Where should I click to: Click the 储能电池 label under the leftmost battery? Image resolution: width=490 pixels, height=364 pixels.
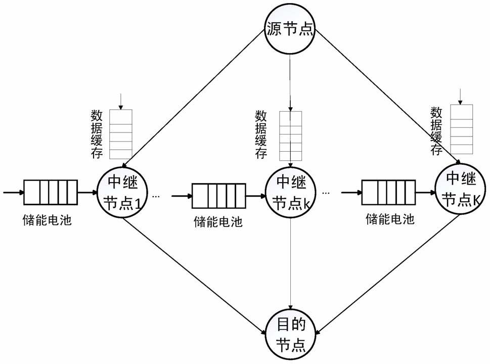point(47,220)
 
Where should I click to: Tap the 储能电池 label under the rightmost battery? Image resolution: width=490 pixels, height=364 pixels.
point(388,219)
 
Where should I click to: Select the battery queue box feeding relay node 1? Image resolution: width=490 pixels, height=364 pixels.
point(51,193)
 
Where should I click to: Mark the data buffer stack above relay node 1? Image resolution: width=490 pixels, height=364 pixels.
point(120,134)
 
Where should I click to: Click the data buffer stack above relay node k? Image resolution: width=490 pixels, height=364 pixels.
point(290,135)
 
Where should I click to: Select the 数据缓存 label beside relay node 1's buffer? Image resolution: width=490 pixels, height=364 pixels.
point(94,134)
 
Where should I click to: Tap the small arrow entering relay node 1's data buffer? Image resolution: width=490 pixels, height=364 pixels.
point(120,101)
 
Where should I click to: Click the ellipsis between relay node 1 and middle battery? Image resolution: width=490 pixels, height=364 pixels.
point(156,196)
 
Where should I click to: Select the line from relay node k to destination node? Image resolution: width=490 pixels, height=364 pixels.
point(290,263)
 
